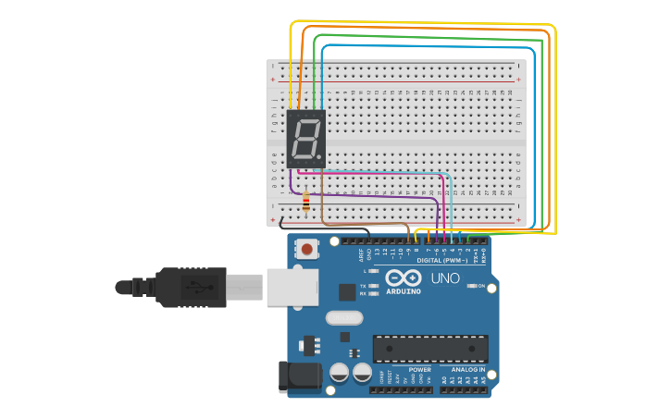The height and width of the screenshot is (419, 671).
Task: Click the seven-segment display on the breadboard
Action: click(x=306, y=139)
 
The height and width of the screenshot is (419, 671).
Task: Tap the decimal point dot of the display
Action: click(x=322, y=158)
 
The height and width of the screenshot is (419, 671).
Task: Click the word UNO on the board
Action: click(x=445, y=277)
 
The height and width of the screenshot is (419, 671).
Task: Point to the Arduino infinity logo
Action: click(x=404, y=277)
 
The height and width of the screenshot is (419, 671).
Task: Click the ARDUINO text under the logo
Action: click(x=404, y=291)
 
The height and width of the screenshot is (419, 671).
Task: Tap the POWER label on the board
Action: click(x=419, y=369)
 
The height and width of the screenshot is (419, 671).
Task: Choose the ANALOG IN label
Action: click(x=467, y=369)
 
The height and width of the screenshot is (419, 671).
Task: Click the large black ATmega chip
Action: click(x=429, y=349)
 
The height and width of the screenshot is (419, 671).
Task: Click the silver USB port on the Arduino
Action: click(x=292, y=287)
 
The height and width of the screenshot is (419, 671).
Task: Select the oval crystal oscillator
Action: click(x=344, y=317)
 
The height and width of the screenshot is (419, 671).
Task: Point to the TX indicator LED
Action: click(x=373, y=286)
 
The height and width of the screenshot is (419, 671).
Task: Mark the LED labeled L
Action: click(x=373, y=271)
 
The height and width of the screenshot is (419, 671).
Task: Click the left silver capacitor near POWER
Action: click(x=339, y=373)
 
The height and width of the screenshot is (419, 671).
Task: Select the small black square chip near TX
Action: click(x=347, y=292)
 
